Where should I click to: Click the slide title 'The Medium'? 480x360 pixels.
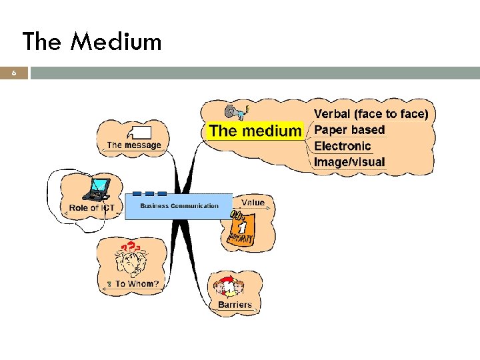(92, 42)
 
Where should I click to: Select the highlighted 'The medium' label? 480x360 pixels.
(255, 131)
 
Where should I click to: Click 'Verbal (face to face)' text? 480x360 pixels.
(371, 114)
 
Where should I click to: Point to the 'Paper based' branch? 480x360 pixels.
(349, 130)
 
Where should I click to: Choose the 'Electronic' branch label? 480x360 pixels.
(342, 146)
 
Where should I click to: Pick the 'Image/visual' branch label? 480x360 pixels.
(349, 161)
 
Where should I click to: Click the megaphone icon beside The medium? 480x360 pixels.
(235, 110)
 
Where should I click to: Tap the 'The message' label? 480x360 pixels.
(134, 145)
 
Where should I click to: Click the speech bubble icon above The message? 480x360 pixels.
(140, 132)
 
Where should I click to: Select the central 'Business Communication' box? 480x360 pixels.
(179, 205)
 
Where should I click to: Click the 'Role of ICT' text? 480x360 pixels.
(92, 208)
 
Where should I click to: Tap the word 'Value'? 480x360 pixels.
(253, 203)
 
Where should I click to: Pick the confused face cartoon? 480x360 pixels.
(128, 261)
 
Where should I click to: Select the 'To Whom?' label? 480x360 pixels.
(137, 284)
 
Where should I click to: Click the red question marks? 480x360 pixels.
(133, 246)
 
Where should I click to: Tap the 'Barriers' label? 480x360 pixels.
(235, 305)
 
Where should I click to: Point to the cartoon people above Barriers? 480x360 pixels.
(229, 287)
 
